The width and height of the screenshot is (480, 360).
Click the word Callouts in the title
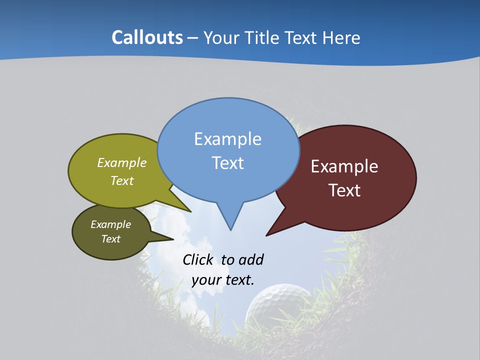click(147, 37)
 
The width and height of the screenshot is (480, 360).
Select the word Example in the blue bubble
click(227, 139)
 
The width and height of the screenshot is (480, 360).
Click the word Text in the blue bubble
click(227, 163)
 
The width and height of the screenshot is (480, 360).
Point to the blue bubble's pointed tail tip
click(230, 230)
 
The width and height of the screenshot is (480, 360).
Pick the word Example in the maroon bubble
click(344, 166)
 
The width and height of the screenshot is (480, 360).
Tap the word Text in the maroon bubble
click(344, 190)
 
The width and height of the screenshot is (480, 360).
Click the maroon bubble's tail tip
click(266, 235)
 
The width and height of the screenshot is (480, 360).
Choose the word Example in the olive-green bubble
click(122, 163)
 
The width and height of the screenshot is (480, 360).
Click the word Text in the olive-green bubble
click(122, 180)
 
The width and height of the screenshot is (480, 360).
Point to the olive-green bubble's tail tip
click(190, 211)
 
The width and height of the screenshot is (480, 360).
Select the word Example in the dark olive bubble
click(110, 224)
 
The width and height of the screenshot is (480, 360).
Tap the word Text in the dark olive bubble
click(110, 239)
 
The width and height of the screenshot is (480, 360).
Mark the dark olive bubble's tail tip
click(173, 239)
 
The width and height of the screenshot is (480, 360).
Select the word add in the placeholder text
click(251, 259)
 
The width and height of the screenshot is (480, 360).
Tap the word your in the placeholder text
click(206, 280)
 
